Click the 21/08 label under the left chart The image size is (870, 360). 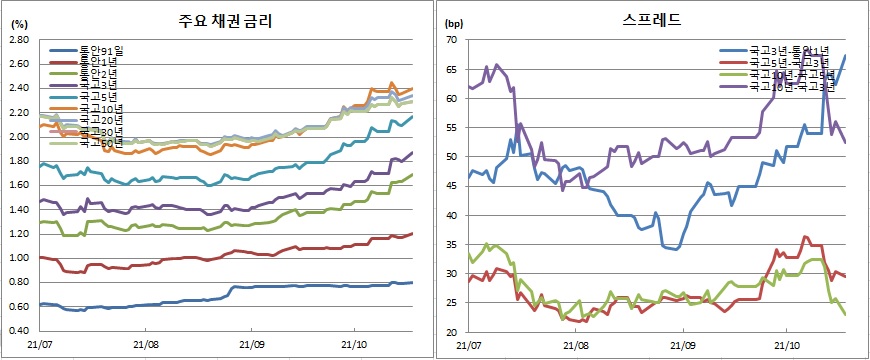[145, 346]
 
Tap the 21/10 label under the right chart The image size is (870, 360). [790, 346]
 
